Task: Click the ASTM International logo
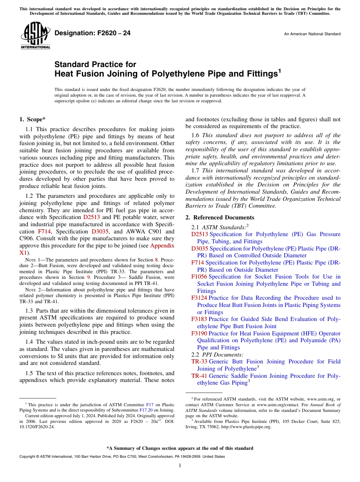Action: (x=35, y=36)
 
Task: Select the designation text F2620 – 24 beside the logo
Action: (x=92, y=33)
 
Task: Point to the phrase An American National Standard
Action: (x=312, y=34)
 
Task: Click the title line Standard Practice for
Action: (x=95, y=64)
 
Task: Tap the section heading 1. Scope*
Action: (x=33, y=119)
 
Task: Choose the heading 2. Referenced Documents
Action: (x=220, y=218)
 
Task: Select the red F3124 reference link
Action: (x=199, y=298)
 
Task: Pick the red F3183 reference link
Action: (x=199, y=319)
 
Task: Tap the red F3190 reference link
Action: (x=199, y=333)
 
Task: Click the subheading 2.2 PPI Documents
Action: (x=217, y=355)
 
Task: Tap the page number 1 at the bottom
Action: (x=180, y=466)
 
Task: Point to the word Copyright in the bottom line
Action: (x=27, y=457)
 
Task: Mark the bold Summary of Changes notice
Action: (x=180, y=448)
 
